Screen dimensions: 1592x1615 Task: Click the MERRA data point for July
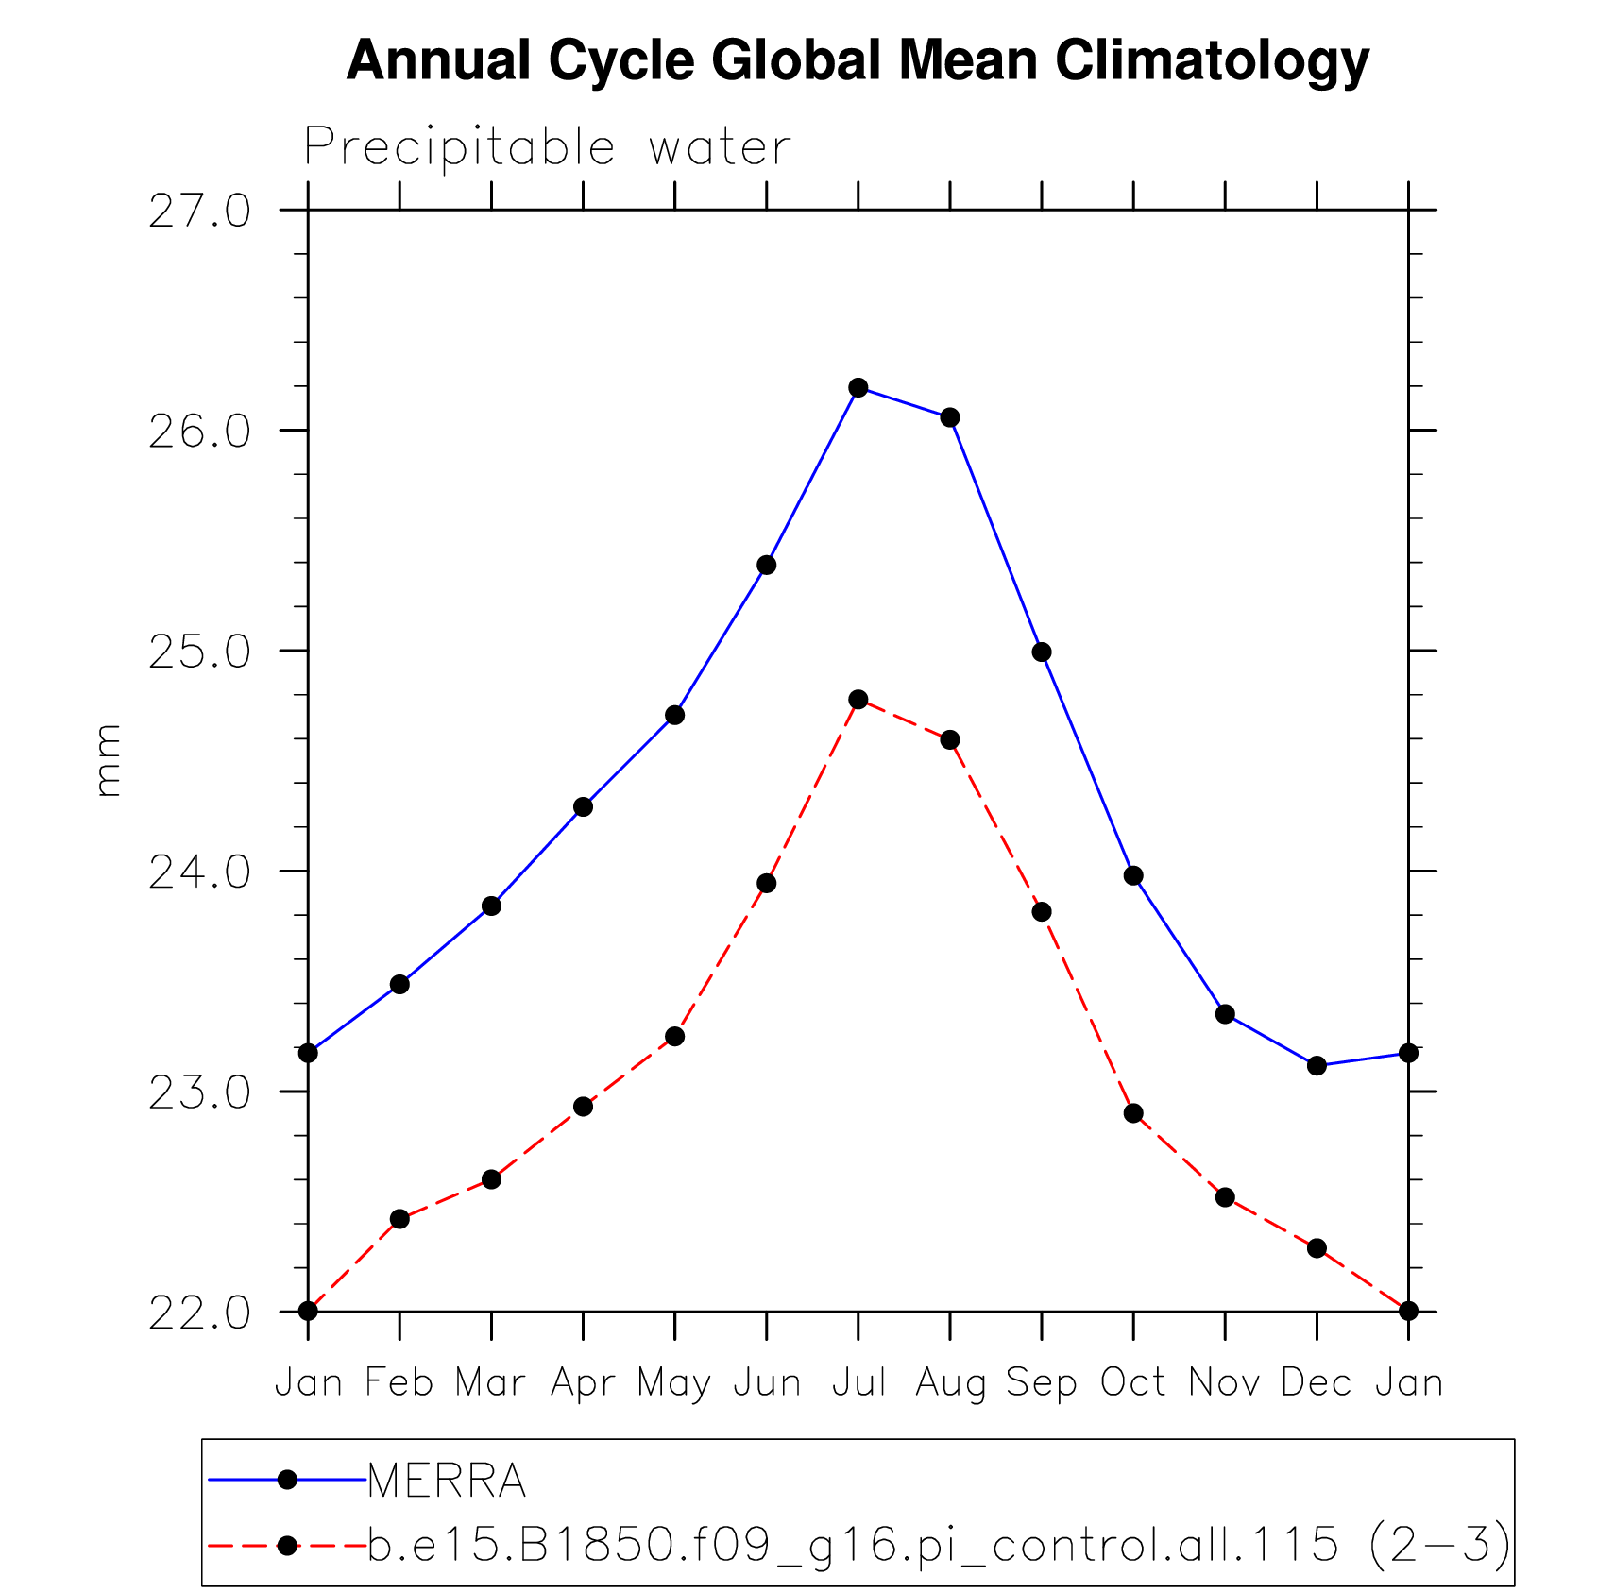point(858,387)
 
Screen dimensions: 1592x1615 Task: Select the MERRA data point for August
point(949,417)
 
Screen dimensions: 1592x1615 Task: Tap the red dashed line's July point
point(858,699)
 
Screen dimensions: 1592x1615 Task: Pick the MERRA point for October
point(1132,875)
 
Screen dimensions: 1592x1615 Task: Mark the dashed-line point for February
point(399,1219)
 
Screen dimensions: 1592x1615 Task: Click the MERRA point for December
point(1317,1065)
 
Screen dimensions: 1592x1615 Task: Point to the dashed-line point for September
point(1041,911)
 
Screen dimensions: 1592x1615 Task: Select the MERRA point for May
point(674,715)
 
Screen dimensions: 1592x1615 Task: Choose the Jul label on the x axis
point(858,1382)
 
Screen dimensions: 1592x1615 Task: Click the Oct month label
point(1132,1382)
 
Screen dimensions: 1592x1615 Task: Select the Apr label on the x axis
point(583,1382)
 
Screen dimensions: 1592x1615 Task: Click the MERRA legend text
point(446,1480)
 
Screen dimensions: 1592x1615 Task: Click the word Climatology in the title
point(1211,60)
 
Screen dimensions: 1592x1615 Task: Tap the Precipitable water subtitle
point(547,147)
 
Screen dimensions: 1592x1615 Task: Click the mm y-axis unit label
point(109,760)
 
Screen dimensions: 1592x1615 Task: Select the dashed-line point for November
point(1225,1197)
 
